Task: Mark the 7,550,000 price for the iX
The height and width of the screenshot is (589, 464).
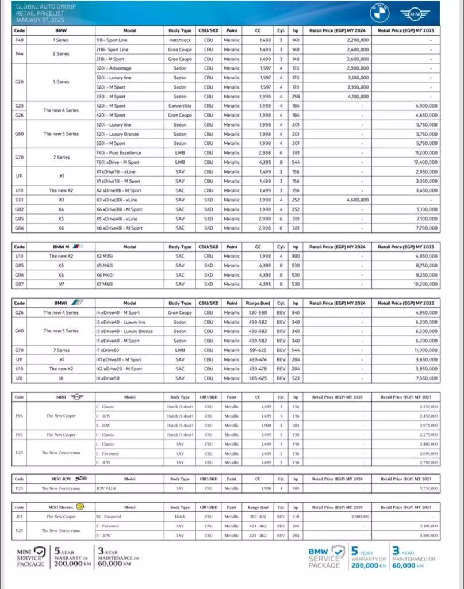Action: click(424, 378)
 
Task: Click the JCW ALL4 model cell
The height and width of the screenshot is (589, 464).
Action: click(106, 488)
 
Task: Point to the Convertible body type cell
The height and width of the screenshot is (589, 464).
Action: click(179, 106)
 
